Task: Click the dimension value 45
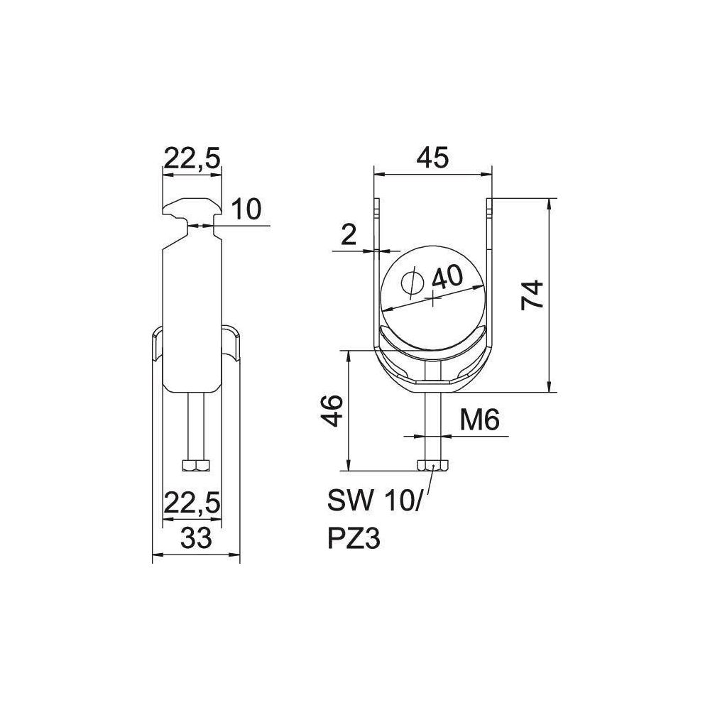[x=432, y=158]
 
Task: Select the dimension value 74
[x=532, y=295]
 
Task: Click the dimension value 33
[x=196, y=538]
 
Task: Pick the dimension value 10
[x=246, y=209]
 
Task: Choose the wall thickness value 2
[x=349, y=235]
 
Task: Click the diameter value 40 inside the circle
[x=447, y=277]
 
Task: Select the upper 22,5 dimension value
[x=192, y=158]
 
